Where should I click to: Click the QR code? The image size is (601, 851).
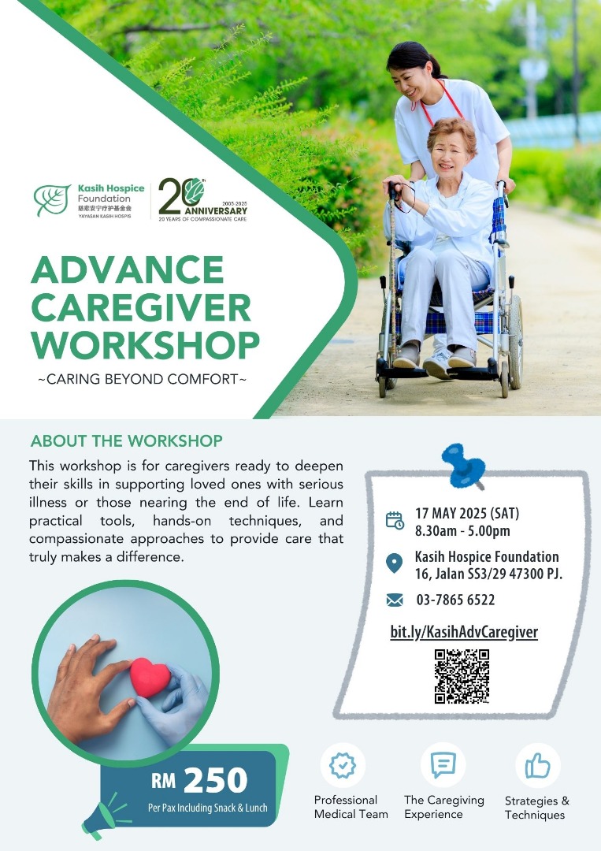[462, 676]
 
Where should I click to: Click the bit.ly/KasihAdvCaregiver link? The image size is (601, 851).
[464, 632]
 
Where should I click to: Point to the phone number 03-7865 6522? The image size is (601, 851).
[455, 600]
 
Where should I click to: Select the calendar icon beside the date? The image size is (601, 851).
[395, 520]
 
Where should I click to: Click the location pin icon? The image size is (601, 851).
[394, 563]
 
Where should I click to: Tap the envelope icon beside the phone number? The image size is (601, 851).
[395, 600]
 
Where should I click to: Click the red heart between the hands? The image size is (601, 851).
[150, 677]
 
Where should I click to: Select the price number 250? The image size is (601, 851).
[215, 780]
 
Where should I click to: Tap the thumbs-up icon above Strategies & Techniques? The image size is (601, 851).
[537, 766]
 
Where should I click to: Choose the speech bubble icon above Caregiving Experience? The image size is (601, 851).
[443, 764]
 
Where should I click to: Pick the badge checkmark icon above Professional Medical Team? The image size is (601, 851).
[343, 765]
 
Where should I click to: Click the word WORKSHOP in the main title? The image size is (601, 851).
[146, 344]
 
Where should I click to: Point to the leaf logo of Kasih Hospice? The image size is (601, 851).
[52, 199]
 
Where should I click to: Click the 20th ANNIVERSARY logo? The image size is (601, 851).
[203, 199]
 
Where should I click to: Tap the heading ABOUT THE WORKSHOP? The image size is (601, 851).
[126, 440]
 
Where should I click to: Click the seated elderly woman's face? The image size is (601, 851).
[448, 154]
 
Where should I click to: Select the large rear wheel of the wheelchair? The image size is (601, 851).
[515, 341]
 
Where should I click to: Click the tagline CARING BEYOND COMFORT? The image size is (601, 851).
[142, 379]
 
